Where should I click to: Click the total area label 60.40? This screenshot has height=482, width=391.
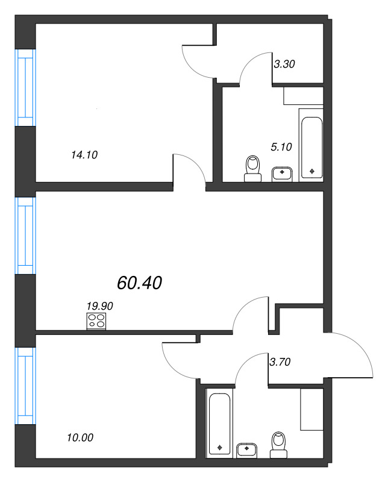tap(140, 283)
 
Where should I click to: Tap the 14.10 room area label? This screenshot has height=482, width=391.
tap(84, 155)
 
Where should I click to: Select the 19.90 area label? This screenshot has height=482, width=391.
tap(99, 306)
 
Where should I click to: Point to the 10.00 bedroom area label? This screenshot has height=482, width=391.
tap(80, 438)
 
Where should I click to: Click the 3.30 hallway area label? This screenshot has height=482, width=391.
tap(284, 63)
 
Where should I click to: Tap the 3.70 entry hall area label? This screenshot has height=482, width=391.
tap(280, 362)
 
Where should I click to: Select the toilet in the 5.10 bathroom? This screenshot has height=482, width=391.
tap(253, 168)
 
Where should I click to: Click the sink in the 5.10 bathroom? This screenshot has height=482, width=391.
tap(281, 174)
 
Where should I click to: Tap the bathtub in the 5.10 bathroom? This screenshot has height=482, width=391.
tap(311, 144)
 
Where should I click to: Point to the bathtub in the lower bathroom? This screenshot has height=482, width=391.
tap(219, 424)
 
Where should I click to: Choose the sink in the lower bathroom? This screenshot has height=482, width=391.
tap(246, 449)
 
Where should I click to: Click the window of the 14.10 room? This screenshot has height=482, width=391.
tap(25, 84)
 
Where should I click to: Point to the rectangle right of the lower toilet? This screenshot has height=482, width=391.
tap(312, 409)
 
